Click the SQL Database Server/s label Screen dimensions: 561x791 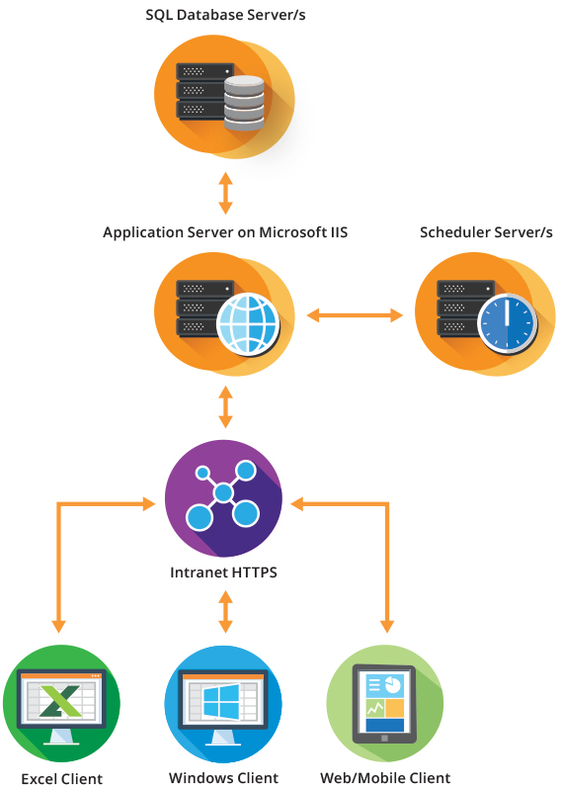tap(225, 15)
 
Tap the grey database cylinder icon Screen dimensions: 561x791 tap(244, 103)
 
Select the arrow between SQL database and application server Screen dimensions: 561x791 tap(225, 193)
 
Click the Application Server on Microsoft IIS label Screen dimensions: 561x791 tap(225, 232)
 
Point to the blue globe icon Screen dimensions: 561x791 tap(248, 324)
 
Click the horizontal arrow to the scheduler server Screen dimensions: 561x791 tap(355, 315)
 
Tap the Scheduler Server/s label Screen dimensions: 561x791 tap(486, 232)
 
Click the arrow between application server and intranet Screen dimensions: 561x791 tap(225, 407)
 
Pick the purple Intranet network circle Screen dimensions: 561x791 tap(223, 498)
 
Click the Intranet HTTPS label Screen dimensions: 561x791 tap(223, 572)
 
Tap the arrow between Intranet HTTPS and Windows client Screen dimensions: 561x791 tap(225, 611)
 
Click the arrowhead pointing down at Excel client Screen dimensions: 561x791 tap(59, 626)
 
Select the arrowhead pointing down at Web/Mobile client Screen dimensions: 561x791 tap(387, 626)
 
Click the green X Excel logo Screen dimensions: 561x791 tap(60, 701)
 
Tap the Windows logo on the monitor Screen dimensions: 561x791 tap(221, 701)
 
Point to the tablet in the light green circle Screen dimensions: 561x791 tap(384, 704)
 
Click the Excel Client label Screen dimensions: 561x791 tap(61, 779)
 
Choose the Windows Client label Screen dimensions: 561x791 tap(223, 778)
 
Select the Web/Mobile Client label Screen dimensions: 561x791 tap(385, 778)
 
